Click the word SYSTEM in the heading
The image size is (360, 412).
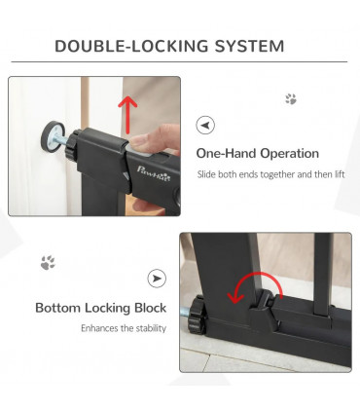click(x=249, y=46)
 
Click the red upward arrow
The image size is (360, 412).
click(x=127, y=115)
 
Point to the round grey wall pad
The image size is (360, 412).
click(x=53, y=136)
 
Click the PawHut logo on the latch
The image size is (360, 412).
click(x=154, y=173)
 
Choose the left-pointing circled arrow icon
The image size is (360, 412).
click(x=205, y=125)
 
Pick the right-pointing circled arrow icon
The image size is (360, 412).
click(x=157, y=279)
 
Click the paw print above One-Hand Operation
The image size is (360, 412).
click(x=291, y=99)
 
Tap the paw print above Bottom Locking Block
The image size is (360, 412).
click(x=48, y=263)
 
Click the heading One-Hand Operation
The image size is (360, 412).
click(x=258, y=153)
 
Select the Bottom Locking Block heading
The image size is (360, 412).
click(x=100, y=308)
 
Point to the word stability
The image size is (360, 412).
click(x=151, y=328)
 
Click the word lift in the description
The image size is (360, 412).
click(x=340, y=174)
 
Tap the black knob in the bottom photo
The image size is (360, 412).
click(x=198, y=315)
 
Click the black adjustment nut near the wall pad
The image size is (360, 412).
click(x=72, y=144)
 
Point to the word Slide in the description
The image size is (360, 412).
click(x=206, y=174)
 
